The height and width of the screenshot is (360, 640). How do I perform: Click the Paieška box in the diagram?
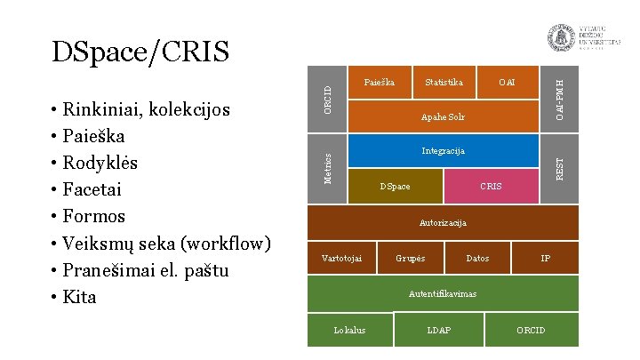[x=380, y=83]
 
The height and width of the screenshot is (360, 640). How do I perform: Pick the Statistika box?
[x=444, y=83]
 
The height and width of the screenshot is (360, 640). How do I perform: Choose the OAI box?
[x=507, y=83]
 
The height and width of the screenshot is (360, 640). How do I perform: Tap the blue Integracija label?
[x=443, y=150]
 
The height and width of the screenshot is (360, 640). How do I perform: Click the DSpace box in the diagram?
[x=395, y=186]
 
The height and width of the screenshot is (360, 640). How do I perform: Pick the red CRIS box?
[x=491, y=186]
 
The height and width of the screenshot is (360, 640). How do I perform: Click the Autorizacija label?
[x=443, y=222]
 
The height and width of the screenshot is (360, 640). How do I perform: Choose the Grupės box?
[x=411, y=258]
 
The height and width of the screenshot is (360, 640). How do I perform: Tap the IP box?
[x=546, y=258]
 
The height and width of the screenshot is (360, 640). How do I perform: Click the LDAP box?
[x=439, y=331]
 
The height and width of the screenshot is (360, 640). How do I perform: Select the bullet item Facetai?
[x=92, y=189]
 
